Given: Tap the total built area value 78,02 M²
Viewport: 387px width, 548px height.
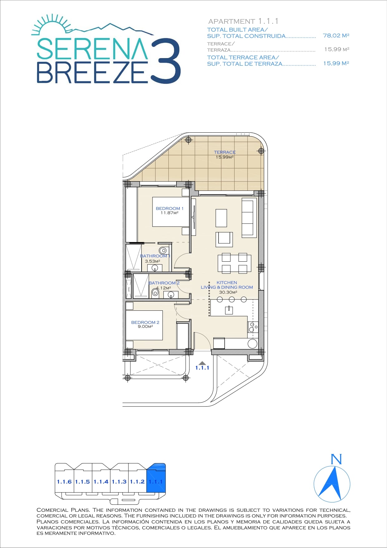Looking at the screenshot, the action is pos(336,36).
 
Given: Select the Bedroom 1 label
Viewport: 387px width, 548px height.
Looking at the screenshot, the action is pos(170,208).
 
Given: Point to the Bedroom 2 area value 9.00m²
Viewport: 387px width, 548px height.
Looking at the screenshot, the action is pos(145,327).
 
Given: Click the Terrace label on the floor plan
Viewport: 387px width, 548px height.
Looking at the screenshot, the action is pos(225,152).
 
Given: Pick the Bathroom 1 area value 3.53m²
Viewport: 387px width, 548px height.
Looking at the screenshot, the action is pos(152,261).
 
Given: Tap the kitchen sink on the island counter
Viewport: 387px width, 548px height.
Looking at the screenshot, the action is pos(229,309).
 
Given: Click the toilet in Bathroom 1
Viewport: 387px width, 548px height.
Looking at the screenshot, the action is pos(163,250).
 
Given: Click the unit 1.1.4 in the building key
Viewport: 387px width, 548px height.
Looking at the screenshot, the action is pos(101,482).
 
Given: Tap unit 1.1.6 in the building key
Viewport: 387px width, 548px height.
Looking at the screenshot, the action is pos(64,482).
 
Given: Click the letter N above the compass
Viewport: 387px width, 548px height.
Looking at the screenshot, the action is pos(336,459).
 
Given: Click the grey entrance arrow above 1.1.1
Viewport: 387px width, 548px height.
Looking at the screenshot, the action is pos(202,363).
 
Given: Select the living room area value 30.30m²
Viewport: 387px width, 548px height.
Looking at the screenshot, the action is pos(228,292).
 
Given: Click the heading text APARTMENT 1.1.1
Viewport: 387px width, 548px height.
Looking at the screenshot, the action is pos(243,21).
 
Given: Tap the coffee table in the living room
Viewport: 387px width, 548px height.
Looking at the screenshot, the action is pos(221,218).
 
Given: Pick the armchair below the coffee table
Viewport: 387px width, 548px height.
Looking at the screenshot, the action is pos(224,239).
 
